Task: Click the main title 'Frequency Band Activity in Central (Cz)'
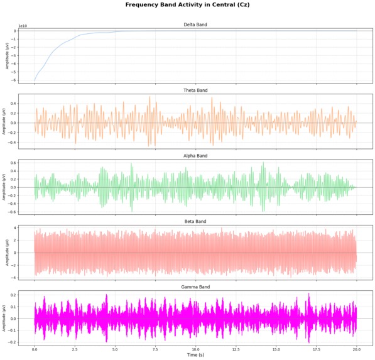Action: coord(188,5)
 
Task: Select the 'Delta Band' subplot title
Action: coord(195,25)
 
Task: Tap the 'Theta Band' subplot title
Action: coord(195,90)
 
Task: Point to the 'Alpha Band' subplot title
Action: coord(195,156)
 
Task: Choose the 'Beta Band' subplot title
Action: coord(195,221)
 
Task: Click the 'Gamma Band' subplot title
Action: coord(195,286)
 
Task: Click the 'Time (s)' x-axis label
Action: coord(195,355)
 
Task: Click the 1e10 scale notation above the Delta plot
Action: coord(23,27)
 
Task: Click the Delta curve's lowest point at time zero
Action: coord(35,81)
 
